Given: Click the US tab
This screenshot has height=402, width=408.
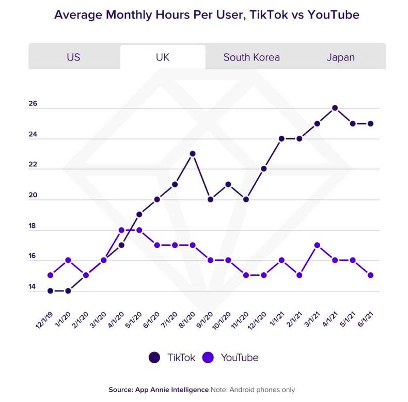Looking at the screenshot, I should pyautogui.click(x=73, y=57).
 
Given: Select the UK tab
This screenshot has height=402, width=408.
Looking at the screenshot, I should pyautogui.click(x=162, y=57).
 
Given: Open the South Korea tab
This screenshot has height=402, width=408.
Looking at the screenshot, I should pyautogui.click(x=252, y=57).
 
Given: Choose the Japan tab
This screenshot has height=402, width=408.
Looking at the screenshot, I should pyautogui.click(x=340, y=57).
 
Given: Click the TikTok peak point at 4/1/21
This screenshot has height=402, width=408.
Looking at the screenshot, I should pyautogui.click(x=335, y=108).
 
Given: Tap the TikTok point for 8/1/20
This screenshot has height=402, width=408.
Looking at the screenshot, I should pyautogui.click(x=193, y=153).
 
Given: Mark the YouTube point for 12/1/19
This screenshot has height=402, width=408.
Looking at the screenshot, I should pyautogui.click(x=50, y=275).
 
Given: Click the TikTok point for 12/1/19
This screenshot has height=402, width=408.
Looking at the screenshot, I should pyautogui.click(x=50, y=291).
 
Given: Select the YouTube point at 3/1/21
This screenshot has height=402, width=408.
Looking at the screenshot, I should pyautogui.click(x=317, y=245).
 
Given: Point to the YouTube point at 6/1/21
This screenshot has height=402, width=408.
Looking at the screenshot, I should pyautogui.click(x=371, y=275).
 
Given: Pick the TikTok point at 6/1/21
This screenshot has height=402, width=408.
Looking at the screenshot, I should pyautogui.click(x=371, y=123).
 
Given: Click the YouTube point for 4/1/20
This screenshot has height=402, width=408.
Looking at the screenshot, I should pyautogui.click(x=121, y=230).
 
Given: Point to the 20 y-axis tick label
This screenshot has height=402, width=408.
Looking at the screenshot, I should pyautogui.click(x=33, y=195).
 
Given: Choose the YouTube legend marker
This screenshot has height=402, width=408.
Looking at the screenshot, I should pyautogui.click(x=208, y=357).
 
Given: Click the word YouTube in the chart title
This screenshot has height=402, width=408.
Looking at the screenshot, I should pyautogui.click(x=333, y=14).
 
